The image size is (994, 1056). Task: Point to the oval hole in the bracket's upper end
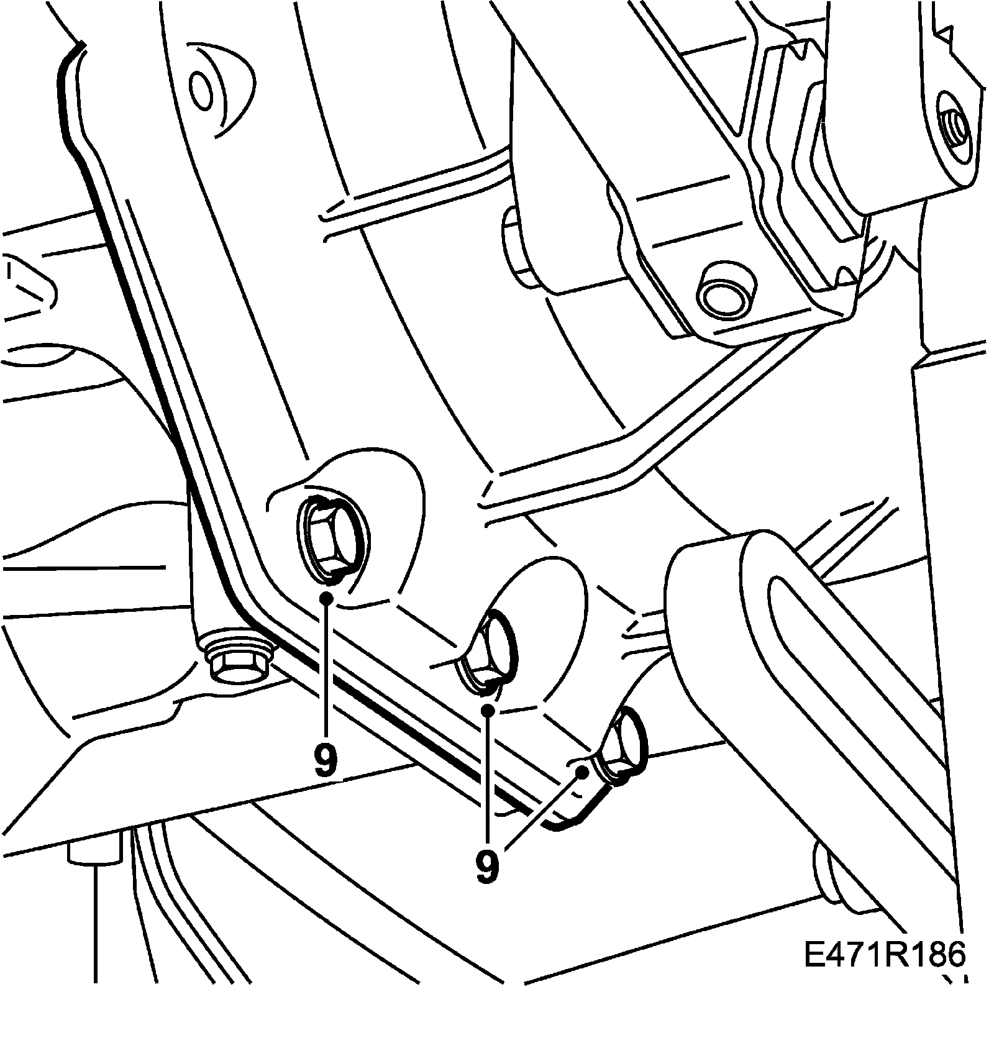click(x=203, y=91)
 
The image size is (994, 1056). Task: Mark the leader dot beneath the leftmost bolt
click(x=326, y=598)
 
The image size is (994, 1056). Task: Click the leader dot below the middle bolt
click(x=489, y=709)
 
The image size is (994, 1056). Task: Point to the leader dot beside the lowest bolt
click(x=583, y=772)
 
